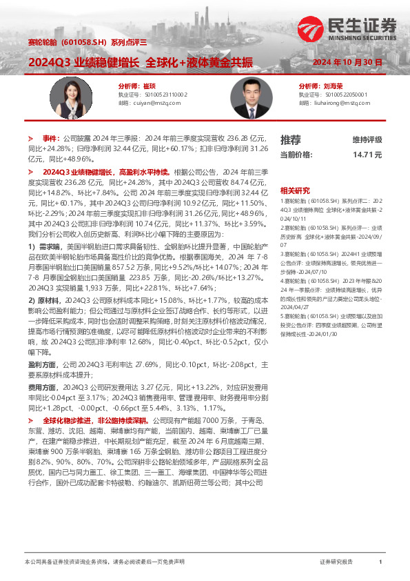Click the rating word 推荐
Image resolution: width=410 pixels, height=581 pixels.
(x=290, y=140)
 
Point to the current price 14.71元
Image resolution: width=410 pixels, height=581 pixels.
(x=367, y=155)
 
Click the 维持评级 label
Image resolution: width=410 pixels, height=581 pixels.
(x=367, y=140)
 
